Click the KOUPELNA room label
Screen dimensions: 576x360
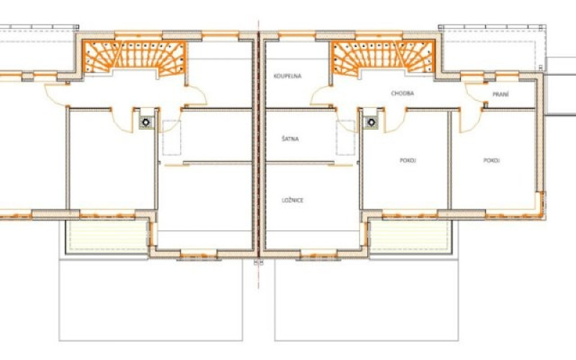tap(287, 76)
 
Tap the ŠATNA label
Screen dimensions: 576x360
tap(290, 139)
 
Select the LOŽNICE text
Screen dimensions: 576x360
tap(292, 200)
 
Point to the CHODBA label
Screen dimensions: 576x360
tap(402, 94)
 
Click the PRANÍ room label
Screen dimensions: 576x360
tap(500, 94)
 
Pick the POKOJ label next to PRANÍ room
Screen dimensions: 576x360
tap(492, 161)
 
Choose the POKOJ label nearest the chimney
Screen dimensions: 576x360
tap(408, 161)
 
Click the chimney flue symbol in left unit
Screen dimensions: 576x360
tap(146, 122)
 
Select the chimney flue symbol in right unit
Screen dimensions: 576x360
tap(372, 122)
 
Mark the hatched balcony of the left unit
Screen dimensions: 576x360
tap(107, 235)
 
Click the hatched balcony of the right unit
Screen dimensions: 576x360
tap(410, 235)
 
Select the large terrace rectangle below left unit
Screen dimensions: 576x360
tap(150, 300)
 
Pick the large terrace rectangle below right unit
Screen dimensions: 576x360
tap(366, 300)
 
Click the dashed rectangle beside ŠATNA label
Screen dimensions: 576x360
tap(346, 138)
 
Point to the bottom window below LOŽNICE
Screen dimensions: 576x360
tap(318, 254)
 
